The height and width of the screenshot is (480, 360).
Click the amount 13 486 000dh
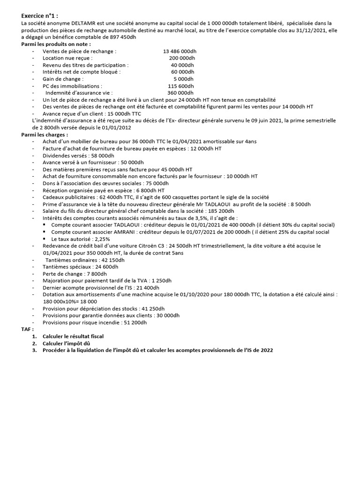click(x=180, y=51)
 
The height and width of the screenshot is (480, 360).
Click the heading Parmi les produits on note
click(x=56, y=44)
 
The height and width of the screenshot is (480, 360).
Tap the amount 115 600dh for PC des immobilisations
click(x=180, y=86)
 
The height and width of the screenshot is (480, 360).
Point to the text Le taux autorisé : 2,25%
click(x=81, y=239)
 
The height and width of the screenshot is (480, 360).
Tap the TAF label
click(x=28, y=330)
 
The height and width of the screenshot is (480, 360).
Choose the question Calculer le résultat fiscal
click(x=73, y=337)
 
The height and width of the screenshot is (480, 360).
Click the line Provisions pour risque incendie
click(x=94, y=322)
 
